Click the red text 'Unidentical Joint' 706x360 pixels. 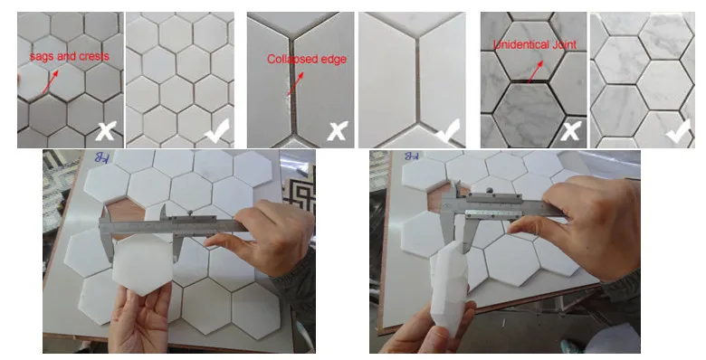tap(531, 44)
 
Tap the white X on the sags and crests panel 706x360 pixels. tap(105, 132)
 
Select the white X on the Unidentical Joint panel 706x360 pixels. tap(569, 132)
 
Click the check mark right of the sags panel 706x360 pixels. tap(217, 132)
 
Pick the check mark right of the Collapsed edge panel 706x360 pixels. tap(448, 132)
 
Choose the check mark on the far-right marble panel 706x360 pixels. tap(678, 132)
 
